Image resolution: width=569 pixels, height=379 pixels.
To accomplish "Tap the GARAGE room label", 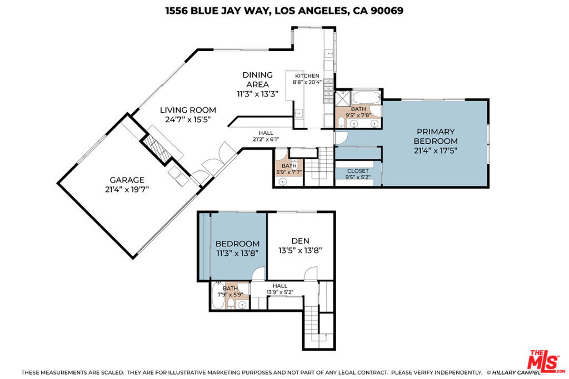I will (x=127, y=180).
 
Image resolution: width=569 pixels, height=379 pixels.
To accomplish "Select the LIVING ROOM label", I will (x=188, y=110).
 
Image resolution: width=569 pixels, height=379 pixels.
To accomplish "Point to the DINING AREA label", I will (x=257, y=79).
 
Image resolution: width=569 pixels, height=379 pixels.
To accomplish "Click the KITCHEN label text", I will (x=307, y=76).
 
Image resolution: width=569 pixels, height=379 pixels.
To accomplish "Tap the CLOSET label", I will (x=358, y=171).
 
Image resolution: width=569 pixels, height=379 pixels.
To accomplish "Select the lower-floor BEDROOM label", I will (x=237, y=244).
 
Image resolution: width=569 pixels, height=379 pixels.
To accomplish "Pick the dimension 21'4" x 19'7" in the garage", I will (x=127, y=189).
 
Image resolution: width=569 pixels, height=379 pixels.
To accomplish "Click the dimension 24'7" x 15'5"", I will (x=188, y=119).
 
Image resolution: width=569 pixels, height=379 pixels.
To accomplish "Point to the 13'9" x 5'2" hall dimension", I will (x=279, y=291).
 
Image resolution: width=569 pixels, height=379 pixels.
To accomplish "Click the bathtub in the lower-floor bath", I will (x=216, y=296).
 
